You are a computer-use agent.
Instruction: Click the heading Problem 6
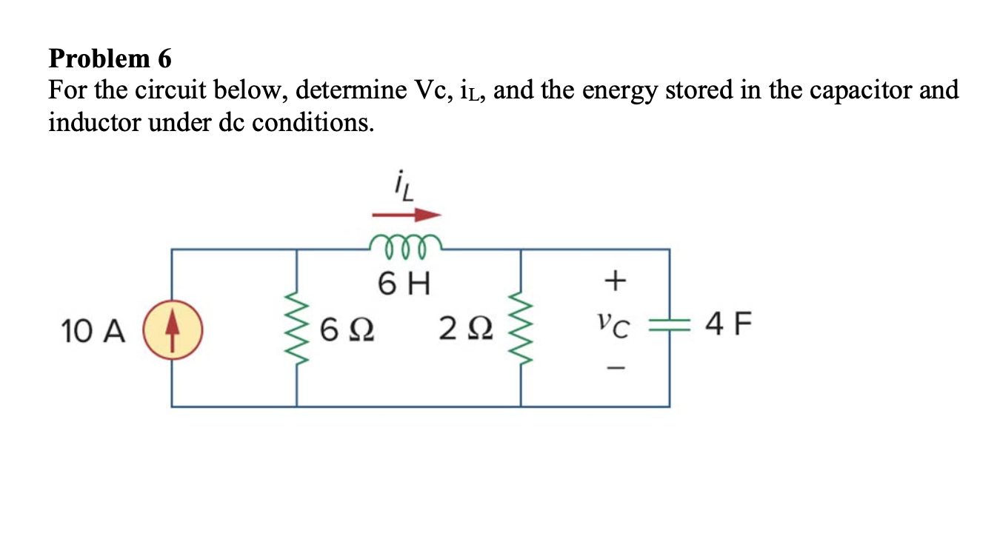pyautogui.click(x=110, y=58)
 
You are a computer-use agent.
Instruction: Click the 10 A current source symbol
pyautogui.click(x=172, y=327)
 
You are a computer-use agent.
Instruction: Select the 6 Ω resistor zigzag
pyautogui.click(x=298, y=327)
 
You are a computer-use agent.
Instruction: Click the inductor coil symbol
pyautogui.click(x=406, y=245)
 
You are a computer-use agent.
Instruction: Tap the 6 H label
pyautogui.click(x=405, y=284)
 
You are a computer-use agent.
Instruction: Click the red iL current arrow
pyautogui.click(x=406, y=215)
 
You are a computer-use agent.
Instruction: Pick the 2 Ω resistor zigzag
pyautogui.click(x=521, y=327)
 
